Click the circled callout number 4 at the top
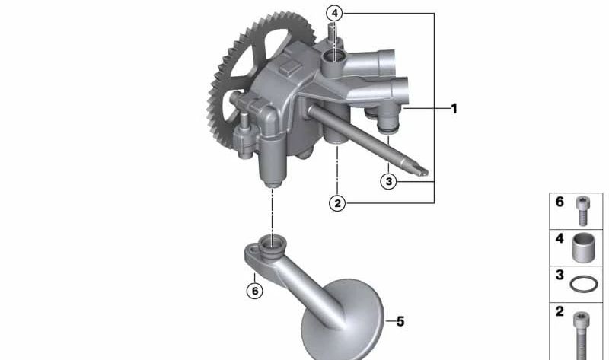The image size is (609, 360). pos(334,14)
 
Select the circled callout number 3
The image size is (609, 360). pos(389,181)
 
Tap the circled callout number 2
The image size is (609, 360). pos(337,203)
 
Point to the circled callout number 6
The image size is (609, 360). pos(255,291)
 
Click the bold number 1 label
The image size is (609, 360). pos(454,109)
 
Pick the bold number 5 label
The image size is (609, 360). pos(400,321)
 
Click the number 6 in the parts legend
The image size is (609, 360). pos(560,202)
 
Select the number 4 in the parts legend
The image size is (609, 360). pos(560,238)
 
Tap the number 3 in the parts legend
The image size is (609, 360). pos(560,275)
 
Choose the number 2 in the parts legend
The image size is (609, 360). pos(560,311)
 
